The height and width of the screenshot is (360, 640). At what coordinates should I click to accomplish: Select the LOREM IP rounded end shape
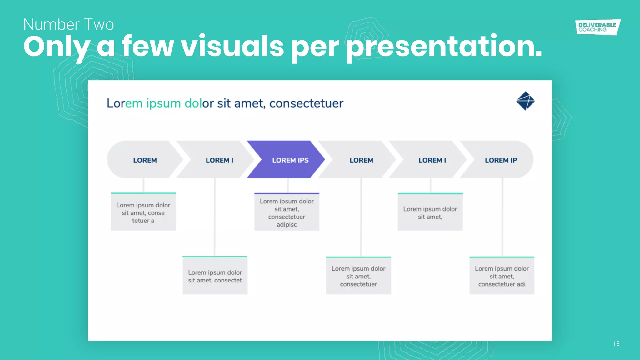pyautogui.click(x=501, y=160)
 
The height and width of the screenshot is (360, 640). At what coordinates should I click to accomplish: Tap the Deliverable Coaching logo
pyautogui.click(x=597, y=27)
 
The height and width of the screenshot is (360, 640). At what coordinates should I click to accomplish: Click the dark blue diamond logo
pyautogui.click(x=526, y=101)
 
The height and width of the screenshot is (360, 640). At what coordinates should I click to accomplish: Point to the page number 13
pyautogui.click(x=616, y=344)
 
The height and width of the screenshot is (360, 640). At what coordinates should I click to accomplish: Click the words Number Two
pyautogui.click(x=68, y=25)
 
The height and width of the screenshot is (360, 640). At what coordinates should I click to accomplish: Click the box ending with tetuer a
pyautogui.click(x=143, y=212)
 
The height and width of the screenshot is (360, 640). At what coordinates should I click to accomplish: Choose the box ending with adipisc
pyautogui.click(x=287, y=212)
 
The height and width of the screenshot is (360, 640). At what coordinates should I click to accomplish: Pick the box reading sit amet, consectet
pyautogui.click(x=215, y=276)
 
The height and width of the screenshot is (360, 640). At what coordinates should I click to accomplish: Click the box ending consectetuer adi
pyautogui.click(x=502, y=276)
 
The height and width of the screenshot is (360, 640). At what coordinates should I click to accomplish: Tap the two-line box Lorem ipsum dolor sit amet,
pyautogui.click(x=430, y=212)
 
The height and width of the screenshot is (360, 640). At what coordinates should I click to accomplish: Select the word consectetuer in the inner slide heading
pyautogui.click(x=306, y=103)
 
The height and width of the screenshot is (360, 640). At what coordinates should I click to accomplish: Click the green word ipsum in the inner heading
pyautogui.click(x=163, y=103)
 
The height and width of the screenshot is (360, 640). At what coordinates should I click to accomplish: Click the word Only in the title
pyautogui.click(x=56, y=47)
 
